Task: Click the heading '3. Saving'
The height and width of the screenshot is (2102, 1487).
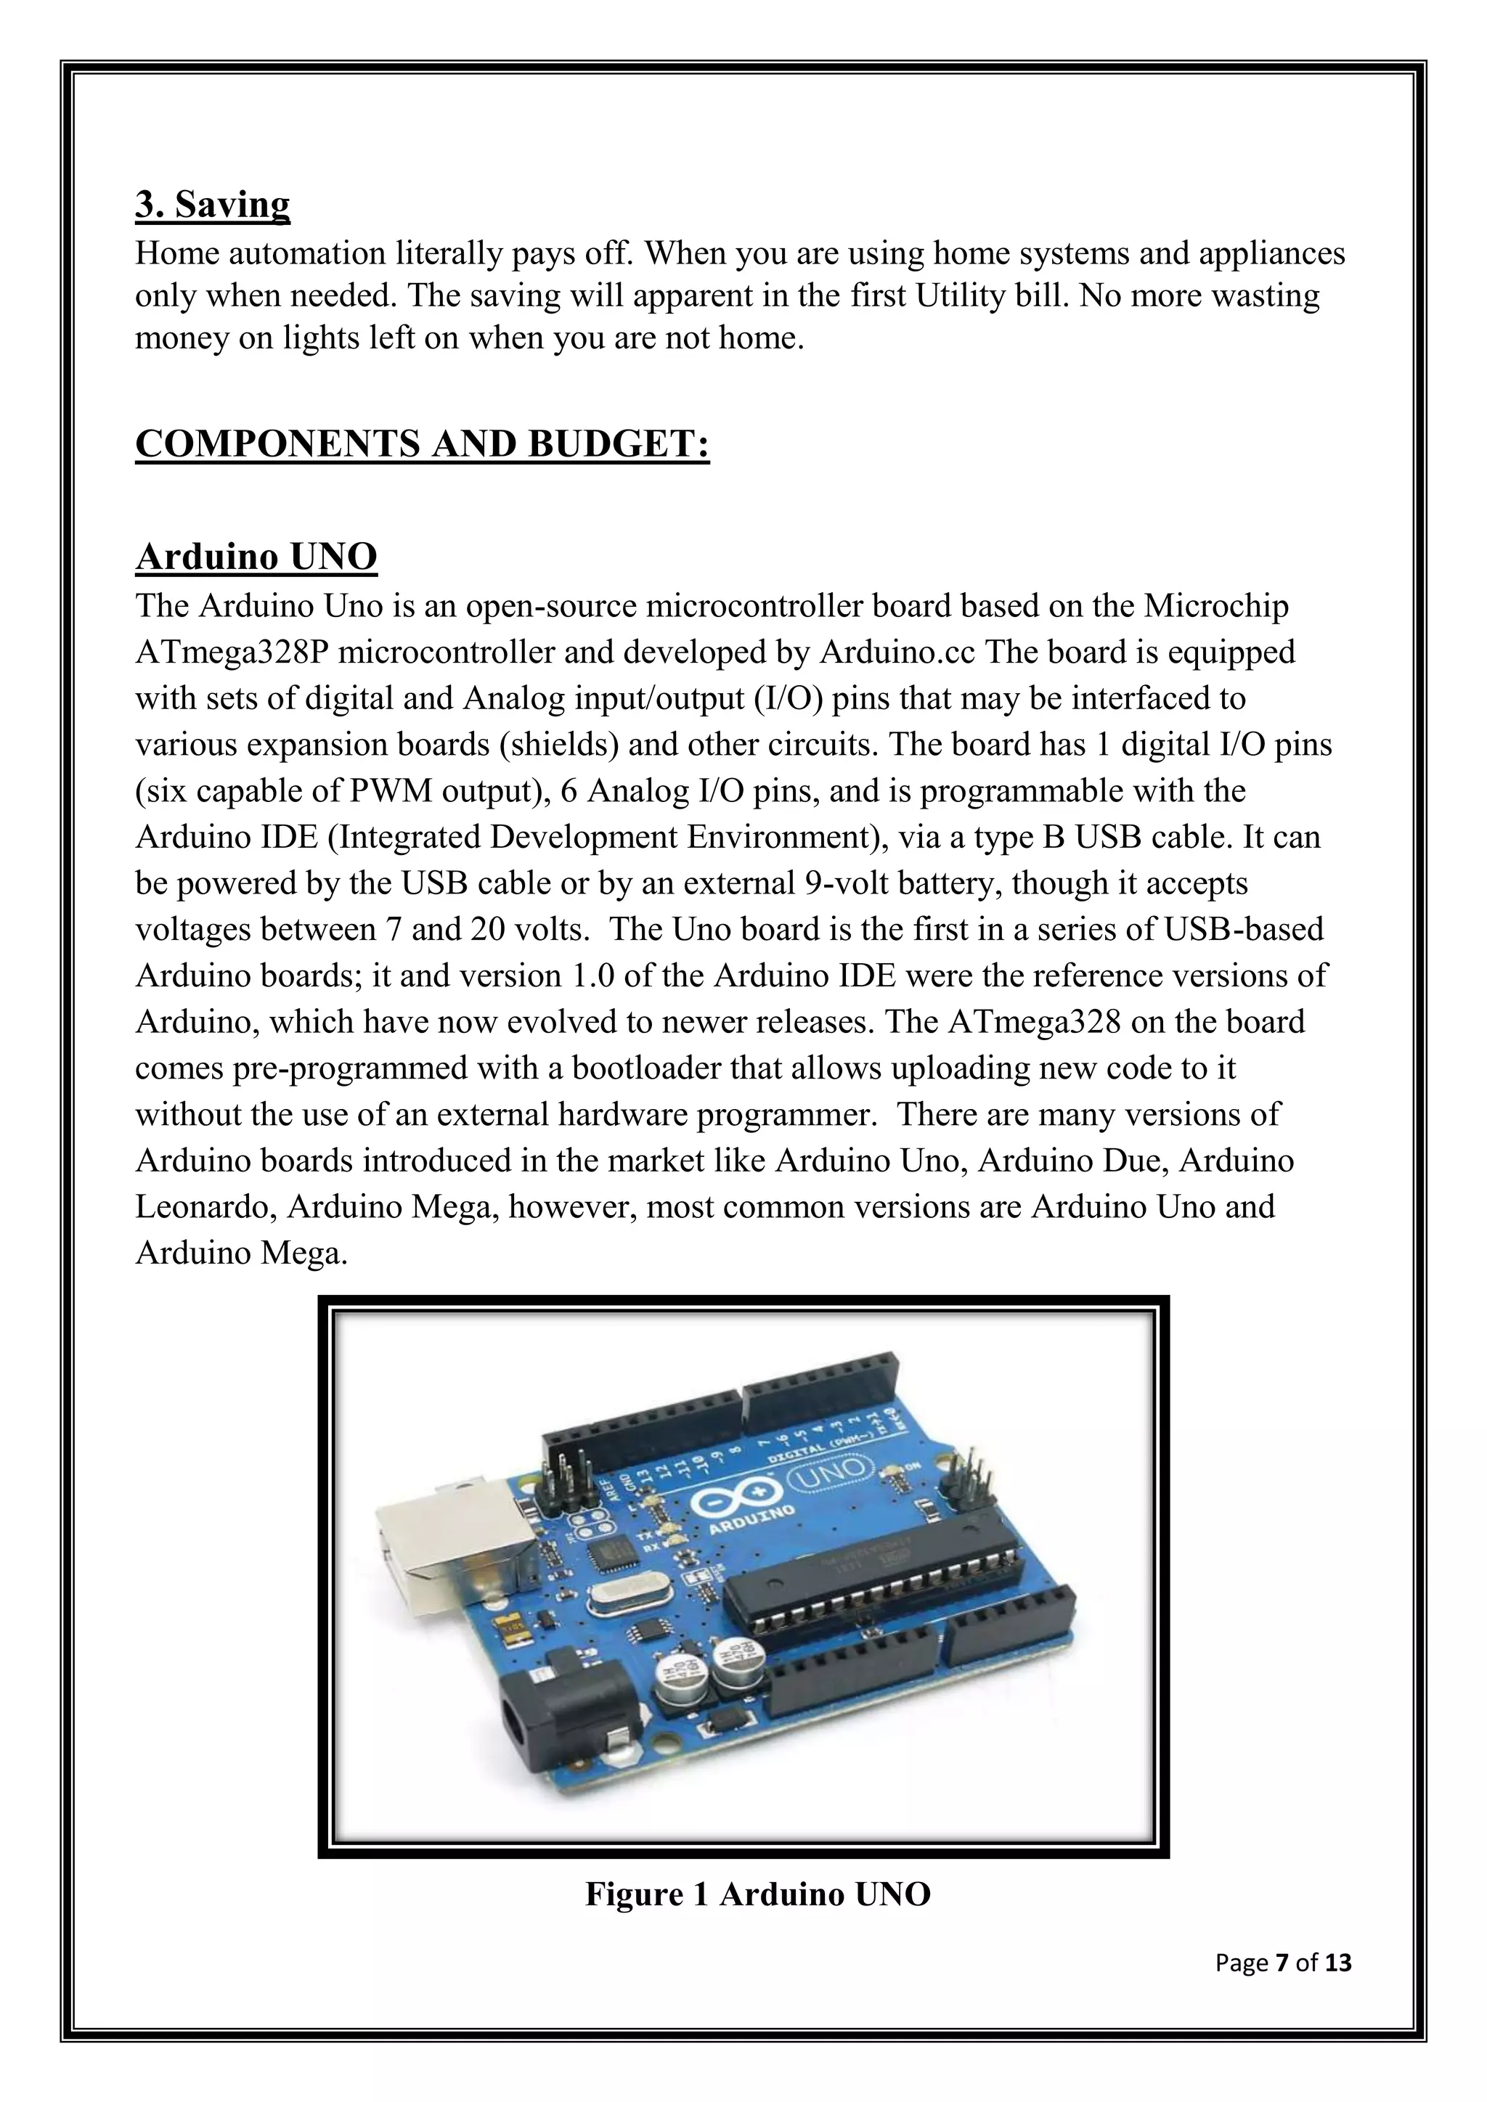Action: click(x=213, y=203)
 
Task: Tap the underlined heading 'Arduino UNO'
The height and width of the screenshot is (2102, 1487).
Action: click(x=256, y=556)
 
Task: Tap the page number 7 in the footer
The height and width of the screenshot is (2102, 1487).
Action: click(x=1281, y=1962)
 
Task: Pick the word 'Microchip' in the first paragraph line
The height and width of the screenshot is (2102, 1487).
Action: click(x=1217, y=606)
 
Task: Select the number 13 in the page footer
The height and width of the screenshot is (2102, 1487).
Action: click(x=1337, y=1962)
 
